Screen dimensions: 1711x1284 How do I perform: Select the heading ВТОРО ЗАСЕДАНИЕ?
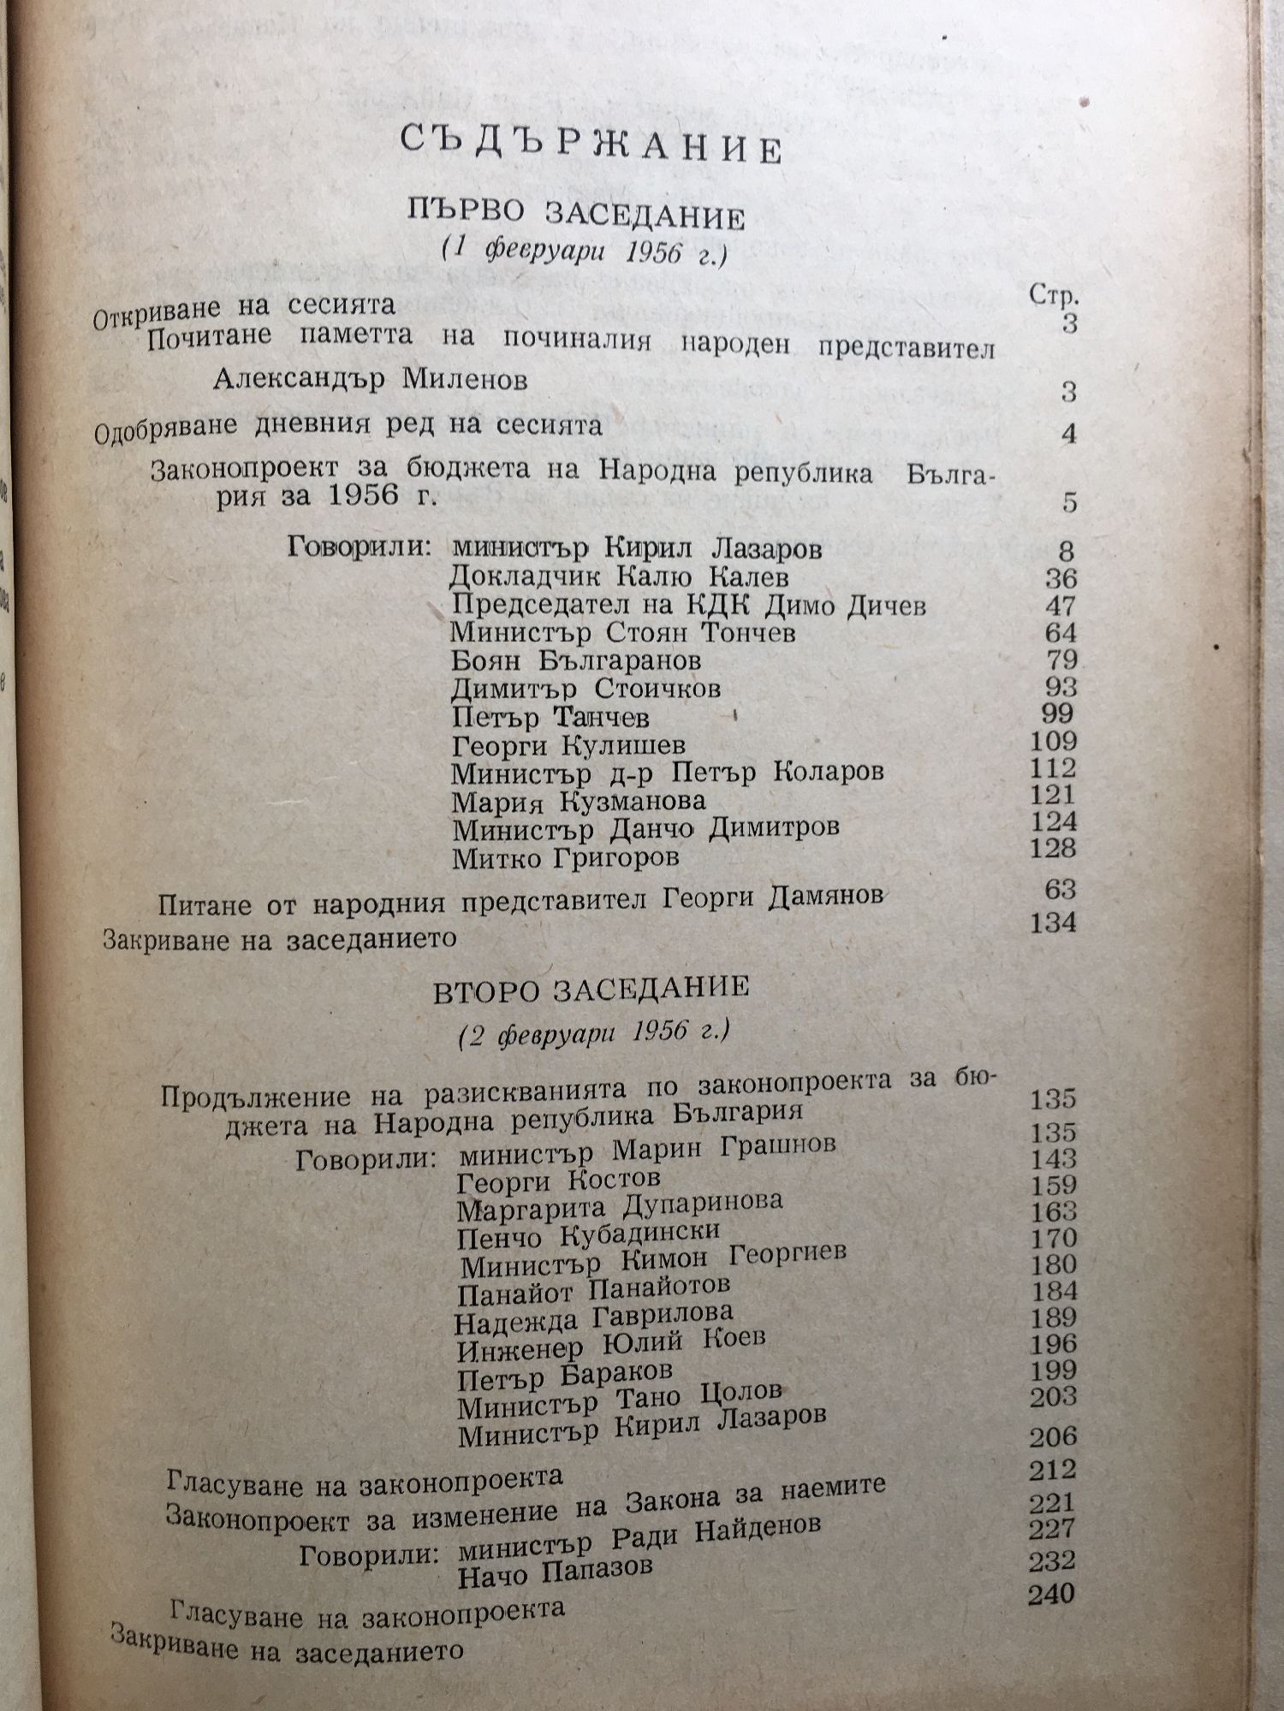[x=591, y=989]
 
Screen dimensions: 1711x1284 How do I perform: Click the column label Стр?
[x=1053, y=296]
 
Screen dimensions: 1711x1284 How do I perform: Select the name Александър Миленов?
[x=370, y=380]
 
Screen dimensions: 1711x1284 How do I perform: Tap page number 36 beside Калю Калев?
[x=1061, y=578]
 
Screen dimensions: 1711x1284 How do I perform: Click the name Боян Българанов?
[x=576, y=660]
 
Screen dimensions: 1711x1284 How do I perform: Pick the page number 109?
[x=1054, y=741]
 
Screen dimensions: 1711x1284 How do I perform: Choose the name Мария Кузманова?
[x=580, y=801]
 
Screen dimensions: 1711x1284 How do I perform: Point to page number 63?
[x=1060, y=891]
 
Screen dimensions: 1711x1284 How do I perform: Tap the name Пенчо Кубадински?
[x=588, y=1235]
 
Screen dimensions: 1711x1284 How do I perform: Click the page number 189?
[x=1053, y=1317]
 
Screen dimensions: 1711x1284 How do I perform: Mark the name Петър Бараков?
[x=565, y=1376]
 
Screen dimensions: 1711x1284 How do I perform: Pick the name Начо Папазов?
[x=556, y=1570]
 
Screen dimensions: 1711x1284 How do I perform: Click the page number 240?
[x=1052, y=1594]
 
